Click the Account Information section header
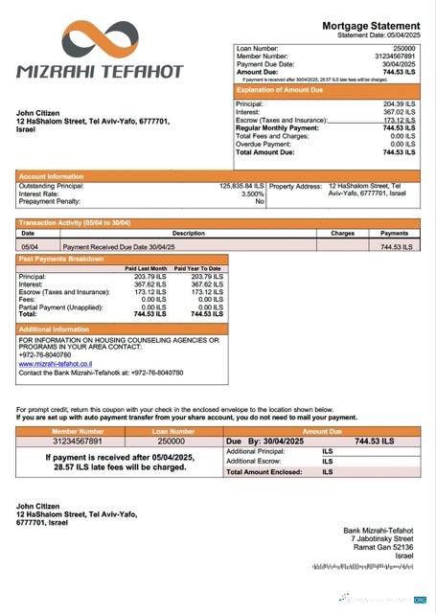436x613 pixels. click(52, 176)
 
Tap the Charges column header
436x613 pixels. click(342, 233)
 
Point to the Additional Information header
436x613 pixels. click(55, 329)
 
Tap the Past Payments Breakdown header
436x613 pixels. click(60, 259)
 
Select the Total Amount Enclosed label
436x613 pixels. click(264, 471)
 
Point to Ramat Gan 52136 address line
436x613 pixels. click(387, 547)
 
